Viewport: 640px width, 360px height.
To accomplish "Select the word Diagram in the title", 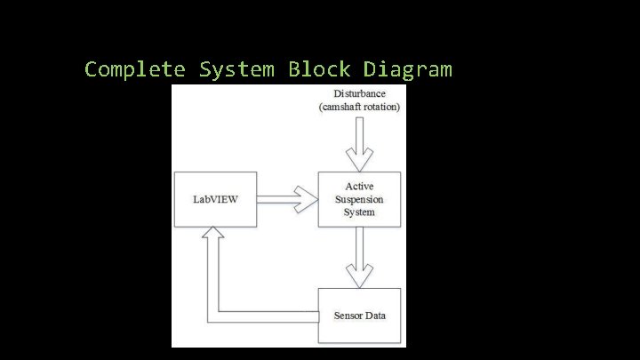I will [x=408, y=69].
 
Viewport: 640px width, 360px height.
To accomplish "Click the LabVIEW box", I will [x=216, y=199].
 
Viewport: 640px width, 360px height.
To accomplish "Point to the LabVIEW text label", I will [x=216, y=199].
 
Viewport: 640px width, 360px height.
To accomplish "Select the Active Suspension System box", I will [x=359, y=199].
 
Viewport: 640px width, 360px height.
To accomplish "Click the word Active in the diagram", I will [x=359, y=187].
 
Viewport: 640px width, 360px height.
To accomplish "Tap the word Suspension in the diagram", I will [x=359, y=199].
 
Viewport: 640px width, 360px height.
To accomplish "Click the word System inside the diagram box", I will [x=359, y=212].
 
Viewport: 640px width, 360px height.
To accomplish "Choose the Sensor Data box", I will [x=359, y=316].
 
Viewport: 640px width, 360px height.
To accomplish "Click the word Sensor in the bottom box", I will [x=348, y=316].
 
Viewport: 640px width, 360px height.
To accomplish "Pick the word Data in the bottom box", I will [x=375, y=316].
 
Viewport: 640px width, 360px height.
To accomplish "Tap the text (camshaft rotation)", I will [x=359, y=107].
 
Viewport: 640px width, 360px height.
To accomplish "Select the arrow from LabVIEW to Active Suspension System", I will [x=288, y=199].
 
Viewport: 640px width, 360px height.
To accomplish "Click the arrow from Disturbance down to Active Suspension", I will [x=359, y=144].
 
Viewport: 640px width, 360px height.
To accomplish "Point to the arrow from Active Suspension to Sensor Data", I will [x=359, y=256].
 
